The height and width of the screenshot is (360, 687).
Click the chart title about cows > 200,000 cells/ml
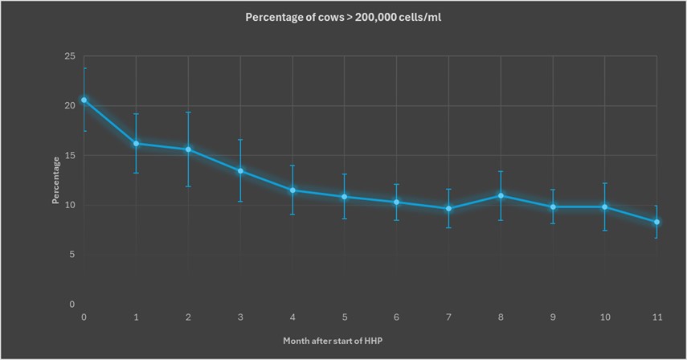[343, 18]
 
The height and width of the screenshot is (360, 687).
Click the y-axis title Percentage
[56, 181]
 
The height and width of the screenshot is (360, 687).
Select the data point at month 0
[84, 100]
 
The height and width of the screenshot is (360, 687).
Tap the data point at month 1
[136, 144]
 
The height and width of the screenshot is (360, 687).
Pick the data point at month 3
[240, 170]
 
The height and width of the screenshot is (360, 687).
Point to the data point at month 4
[292, 190]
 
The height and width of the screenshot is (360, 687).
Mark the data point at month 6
[396, 202]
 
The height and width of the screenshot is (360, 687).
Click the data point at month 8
[501, 195]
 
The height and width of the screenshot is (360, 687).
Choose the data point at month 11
[656, 222]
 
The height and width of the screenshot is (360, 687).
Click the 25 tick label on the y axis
[70, 56]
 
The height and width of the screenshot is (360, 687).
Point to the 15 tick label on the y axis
[70, 155]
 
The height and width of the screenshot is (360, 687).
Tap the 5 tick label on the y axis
[72, 255]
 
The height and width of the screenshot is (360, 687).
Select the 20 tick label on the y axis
[70, 106]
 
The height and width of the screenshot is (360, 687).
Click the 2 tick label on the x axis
[188, 317]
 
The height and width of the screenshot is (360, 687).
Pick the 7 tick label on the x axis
[448, 317]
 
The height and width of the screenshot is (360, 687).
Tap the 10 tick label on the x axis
[604, 317]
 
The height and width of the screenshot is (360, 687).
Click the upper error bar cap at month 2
[188, 112]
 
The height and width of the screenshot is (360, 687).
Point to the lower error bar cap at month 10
[604, 231]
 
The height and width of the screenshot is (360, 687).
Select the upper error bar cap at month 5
[344, 174]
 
